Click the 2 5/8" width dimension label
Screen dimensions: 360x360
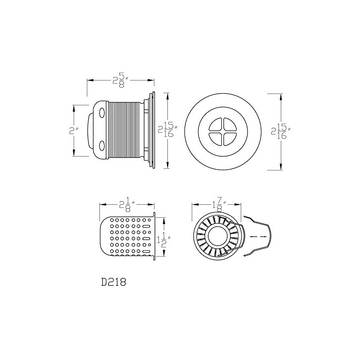(x=121, y=80)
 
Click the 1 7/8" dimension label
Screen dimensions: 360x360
(x=216, y=205)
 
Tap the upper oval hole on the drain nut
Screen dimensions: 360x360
(x=101, y=111)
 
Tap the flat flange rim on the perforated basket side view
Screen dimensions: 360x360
(x=154, y=236)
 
